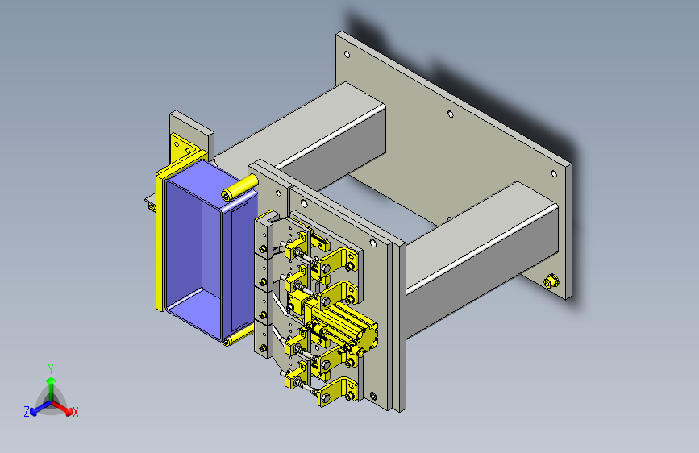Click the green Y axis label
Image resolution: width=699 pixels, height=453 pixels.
click(51, 369)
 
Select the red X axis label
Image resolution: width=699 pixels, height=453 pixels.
click(75, 412)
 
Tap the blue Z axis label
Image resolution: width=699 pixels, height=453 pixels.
click(27, 412)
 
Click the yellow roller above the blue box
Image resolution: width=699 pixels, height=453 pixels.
click(239, 188)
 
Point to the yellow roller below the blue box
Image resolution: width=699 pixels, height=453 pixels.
click(239, 336)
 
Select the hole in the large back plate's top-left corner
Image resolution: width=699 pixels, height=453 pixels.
click(347, 54)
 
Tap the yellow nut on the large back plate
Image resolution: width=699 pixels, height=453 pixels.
click(551, 281)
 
